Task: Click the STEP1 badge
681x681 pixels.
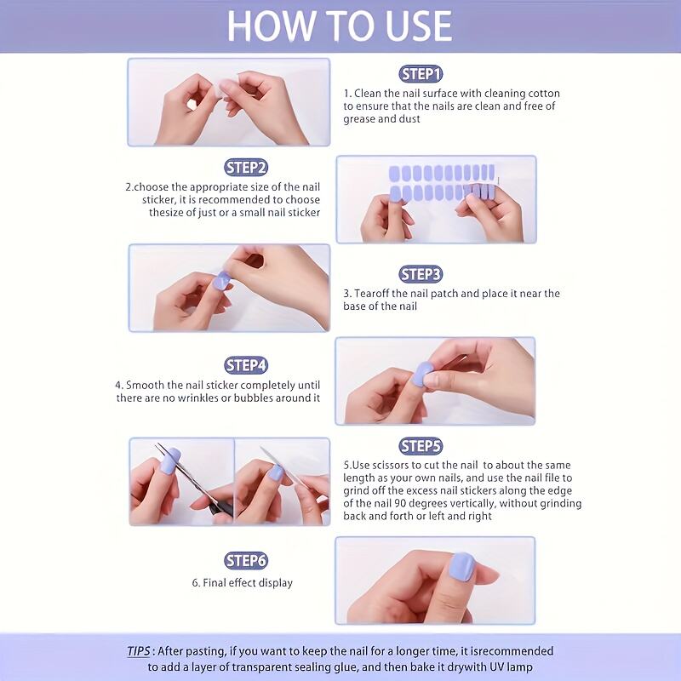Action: tap(421, 74)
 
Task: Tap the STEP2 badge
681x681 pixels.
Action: tap(246, 168)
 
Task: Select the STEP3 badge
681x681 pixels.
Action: tap(421, 274)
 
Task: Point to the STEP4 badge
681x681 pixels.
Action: tap(246, 365)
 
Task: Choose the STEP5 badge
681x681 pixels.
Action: tap(421, 446)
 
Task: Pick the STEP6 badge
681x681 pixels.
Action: tap(246, 560)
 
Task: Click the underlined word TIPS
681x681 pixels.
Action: tap(139, 651)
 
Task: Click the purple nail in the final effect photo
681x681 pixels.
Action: tap(461, 567)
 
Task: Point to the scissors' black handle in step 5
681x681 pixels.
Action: tap(216, 510)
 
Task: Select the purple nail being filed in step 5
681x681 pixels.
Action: tap(275, 472)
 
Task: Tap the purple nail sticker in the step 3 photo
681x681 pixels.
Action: tap(221, 280)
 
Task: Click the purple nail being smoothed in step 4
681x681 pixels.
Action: tap(421, 374)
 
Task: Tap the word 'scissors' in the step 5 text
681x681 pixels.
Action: tap(390, 465)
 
